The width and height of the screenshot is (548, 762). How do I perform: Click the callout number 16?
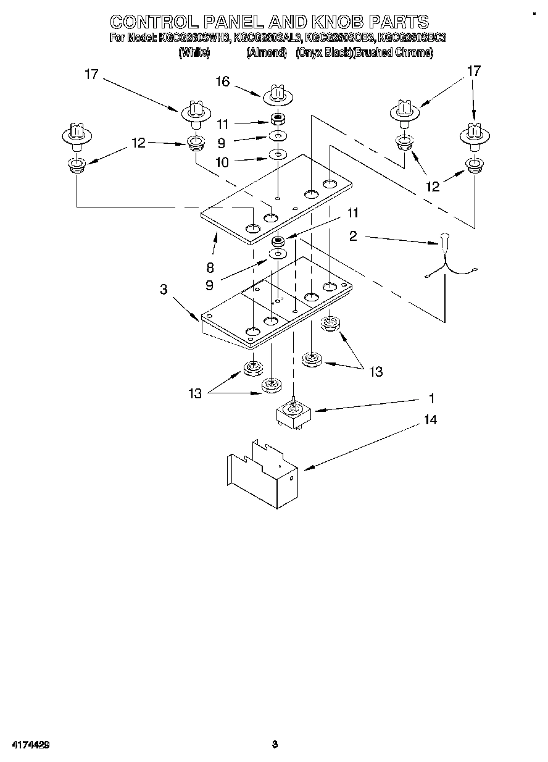(x=222, y=82)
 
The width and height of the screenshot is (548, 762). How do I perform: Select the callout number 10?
(x=222, y=162)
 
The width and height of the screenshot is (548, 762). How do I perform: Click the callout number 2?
(x=352, y=235)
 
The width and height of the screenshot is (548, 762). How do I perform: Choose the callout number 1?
(x=431, y=398)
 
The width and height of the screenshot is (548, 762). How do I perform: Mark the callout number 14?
(x=430, y=420)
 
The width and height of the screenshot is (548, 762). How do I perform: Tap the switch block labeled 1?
(x=294, y=415)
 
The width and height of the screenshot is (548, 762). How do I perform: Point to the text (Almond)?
(x=267, y=53)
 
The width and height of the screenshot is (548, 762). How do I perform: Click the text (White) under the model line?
(x=194, y=53)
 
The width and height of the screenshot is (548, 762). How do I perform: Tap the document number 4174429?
(x=29, y=745)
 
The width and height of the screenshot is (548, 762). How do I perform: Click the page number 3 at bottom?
(x=275, y=745)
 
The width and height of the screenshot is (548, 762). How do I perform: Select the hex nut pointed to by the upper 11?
(x=278, y=119)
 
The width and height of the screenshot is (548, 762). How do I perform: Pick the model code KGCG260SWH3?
(x=195, y=38)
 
